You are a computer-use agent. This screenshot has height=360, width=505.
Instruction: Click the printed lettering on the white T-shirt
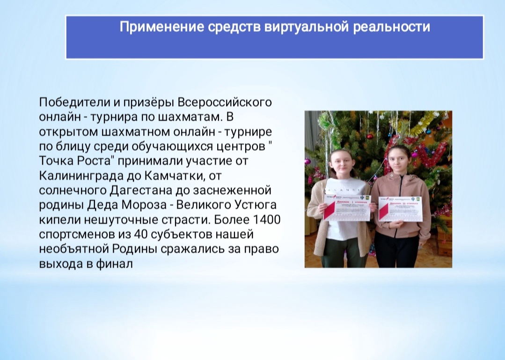[x=347, y=189]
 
